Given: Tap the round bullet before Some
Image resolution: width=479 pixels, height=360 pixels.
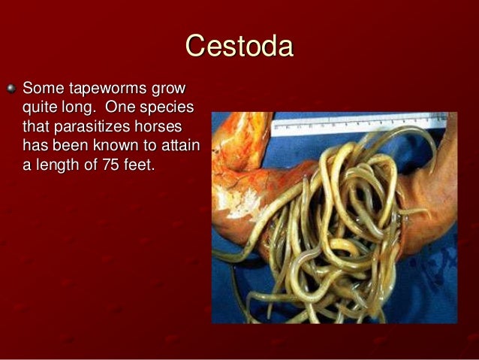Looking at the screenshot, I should point(10,88).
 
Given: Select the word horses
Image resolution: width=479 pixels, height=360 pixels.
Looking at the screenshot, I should point(156,126).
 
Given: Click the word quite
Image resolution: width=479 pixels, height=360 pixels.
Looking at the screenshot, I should point(42,107).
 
